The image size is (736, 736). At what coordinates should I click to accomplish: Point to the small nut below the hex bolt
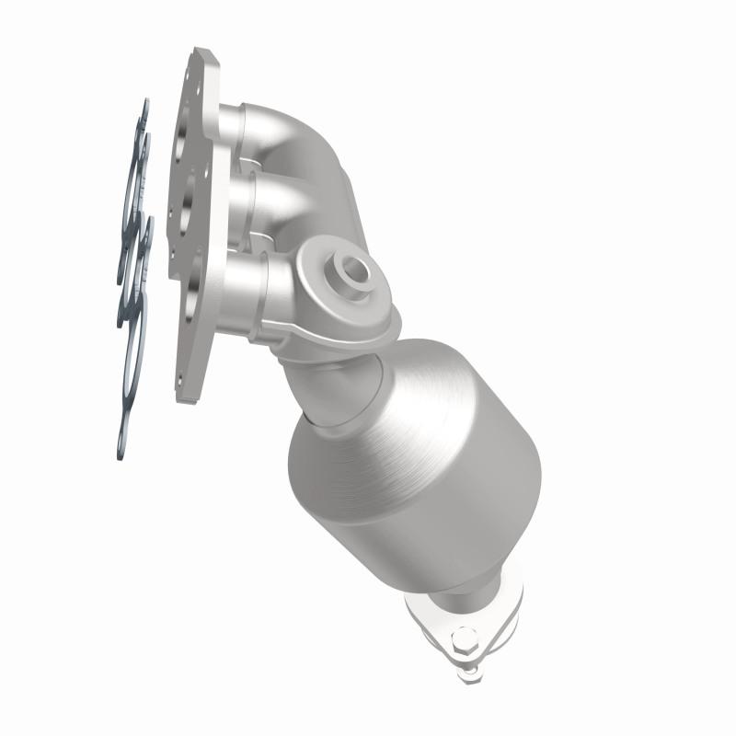470,673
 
